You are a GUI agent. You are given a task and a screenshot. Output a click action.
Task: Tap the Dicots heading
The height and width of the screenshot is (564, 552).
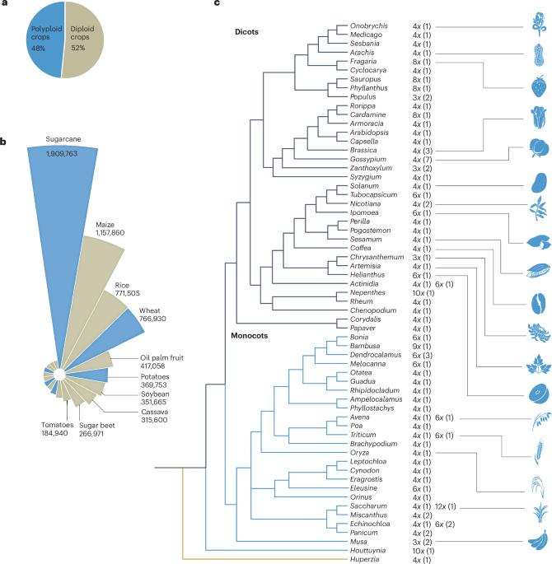click(246, 32)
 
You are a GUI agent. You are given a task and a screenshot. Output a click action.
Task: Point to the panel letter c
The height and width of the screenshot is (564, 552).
click(217, 5)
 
